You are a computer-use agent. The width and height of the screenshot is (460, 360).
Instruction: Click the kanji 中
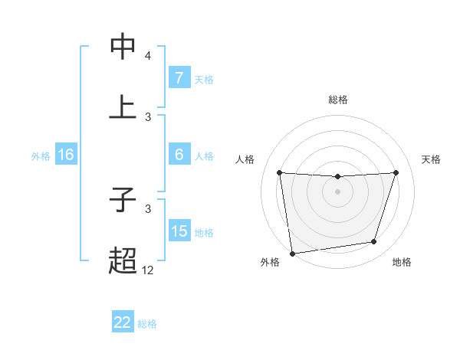[x=123, y=47]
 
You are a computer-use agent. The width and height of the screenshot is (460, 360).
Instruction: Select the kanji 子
[x=123, y=201]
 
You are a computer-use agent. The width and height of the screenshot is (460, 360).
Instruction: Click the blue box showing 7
[x=179, y=78]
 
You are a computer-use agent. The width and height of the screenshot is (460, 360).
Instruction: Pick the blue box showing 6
[x=179, y=155]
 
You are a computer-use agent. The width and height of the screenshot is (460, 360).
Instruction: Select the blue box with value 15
[x=179, y=231]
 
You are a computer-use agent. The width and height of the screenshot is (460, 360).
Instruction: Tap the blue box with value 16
[x=65, y=155]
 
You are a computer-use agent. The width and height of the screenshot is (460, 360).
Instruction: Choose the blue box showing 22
[x=123, y=322]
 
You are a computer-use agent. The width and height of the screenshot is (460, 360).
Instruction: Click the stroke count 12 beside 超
[x=147, y=270]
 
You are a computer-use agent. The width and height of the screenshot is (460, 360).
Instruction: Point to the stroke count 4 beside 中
[x=148, y=56]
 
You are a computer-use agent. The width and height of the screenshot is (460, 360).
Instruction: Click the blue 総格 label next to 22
[x=147, y=324]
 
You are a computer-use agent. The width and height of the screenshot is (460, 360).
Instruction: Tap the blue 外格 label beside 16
[x=41, y=156]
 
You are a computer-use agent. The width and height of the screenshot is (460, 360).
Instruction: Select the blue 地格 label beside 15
[x=204, y=233]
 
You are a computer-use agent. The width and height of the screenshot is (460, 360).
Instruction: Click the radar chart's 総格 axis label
[x=338, y=100]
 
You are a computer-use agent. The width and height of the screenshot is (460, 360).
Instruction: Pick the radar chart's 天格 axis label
[x=432, y=159]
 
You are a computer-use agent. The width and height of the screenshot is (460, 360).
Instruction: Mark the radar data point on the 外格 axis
[x=292, y=253]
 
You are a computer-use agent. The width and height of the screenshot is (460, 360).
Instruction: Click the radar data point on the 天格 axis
[x=396, y=172]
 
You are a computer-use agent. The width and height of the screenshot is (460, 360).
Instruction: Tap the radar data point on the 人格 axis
[x=280, y=172]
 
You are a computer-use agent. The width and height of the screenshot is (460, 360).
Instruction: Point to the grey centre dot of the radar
[x=338, y=191]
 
